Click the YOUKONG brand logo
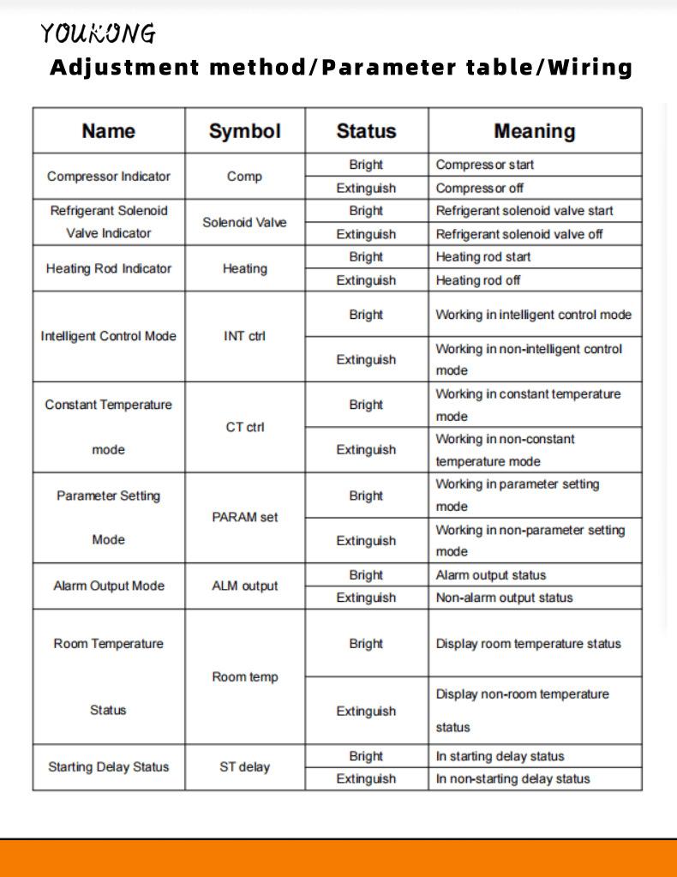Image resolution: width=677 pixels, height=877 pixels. (x=99, y=33)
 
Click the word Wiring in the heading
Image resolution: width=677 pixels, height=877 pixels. (x=590, y=67)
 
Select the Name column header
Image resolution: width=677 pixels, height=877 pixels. (x=108, y=131)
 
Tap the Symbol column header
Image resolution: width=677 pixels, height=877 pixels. (x=244, y=131)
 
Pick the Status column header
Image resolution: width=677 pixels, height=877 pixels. (x=366, y=131)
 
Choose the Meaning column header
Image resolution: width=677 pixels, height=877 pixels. (x=534, y=131)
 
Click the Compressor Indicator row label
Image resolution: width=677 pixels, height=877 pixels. (x=108, y=177)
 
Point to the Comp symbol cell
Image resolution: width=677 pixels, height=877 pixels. (x=244, y=177)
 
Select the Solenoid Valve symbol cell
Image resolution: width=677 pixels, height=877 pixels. (x=244, y=222)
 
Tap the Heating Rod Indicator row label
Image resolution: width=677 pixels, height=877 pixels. (x=108, y=268)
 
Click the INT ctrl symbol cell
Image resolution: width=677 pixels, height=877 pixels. (x=244, y=336)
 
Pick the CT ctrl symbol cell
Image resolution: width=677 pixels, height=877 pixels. (x=244, y=427)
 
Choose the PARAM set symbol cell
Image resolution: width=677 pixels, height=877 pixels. (x=244, y=518)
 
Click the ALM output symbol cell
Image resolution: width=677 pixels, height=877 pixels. (x=244, y=586)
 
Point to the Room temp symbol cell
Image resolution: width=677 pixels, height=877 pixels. (x=244, y=677)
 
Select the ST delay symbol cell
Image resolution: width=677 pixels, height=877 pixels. (x=244, y=767)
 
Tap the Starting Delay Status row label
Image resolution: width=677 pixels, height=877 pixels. (x=108, y=767)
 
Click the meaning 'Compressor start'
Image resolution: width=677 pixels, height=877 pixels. (x=484, y=165)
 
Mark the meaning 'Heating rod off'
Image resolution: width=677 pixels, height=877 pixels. (x=477, y=280)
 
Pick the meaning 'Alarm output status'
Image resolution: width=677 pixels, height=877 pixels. (x=490, y=575)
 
